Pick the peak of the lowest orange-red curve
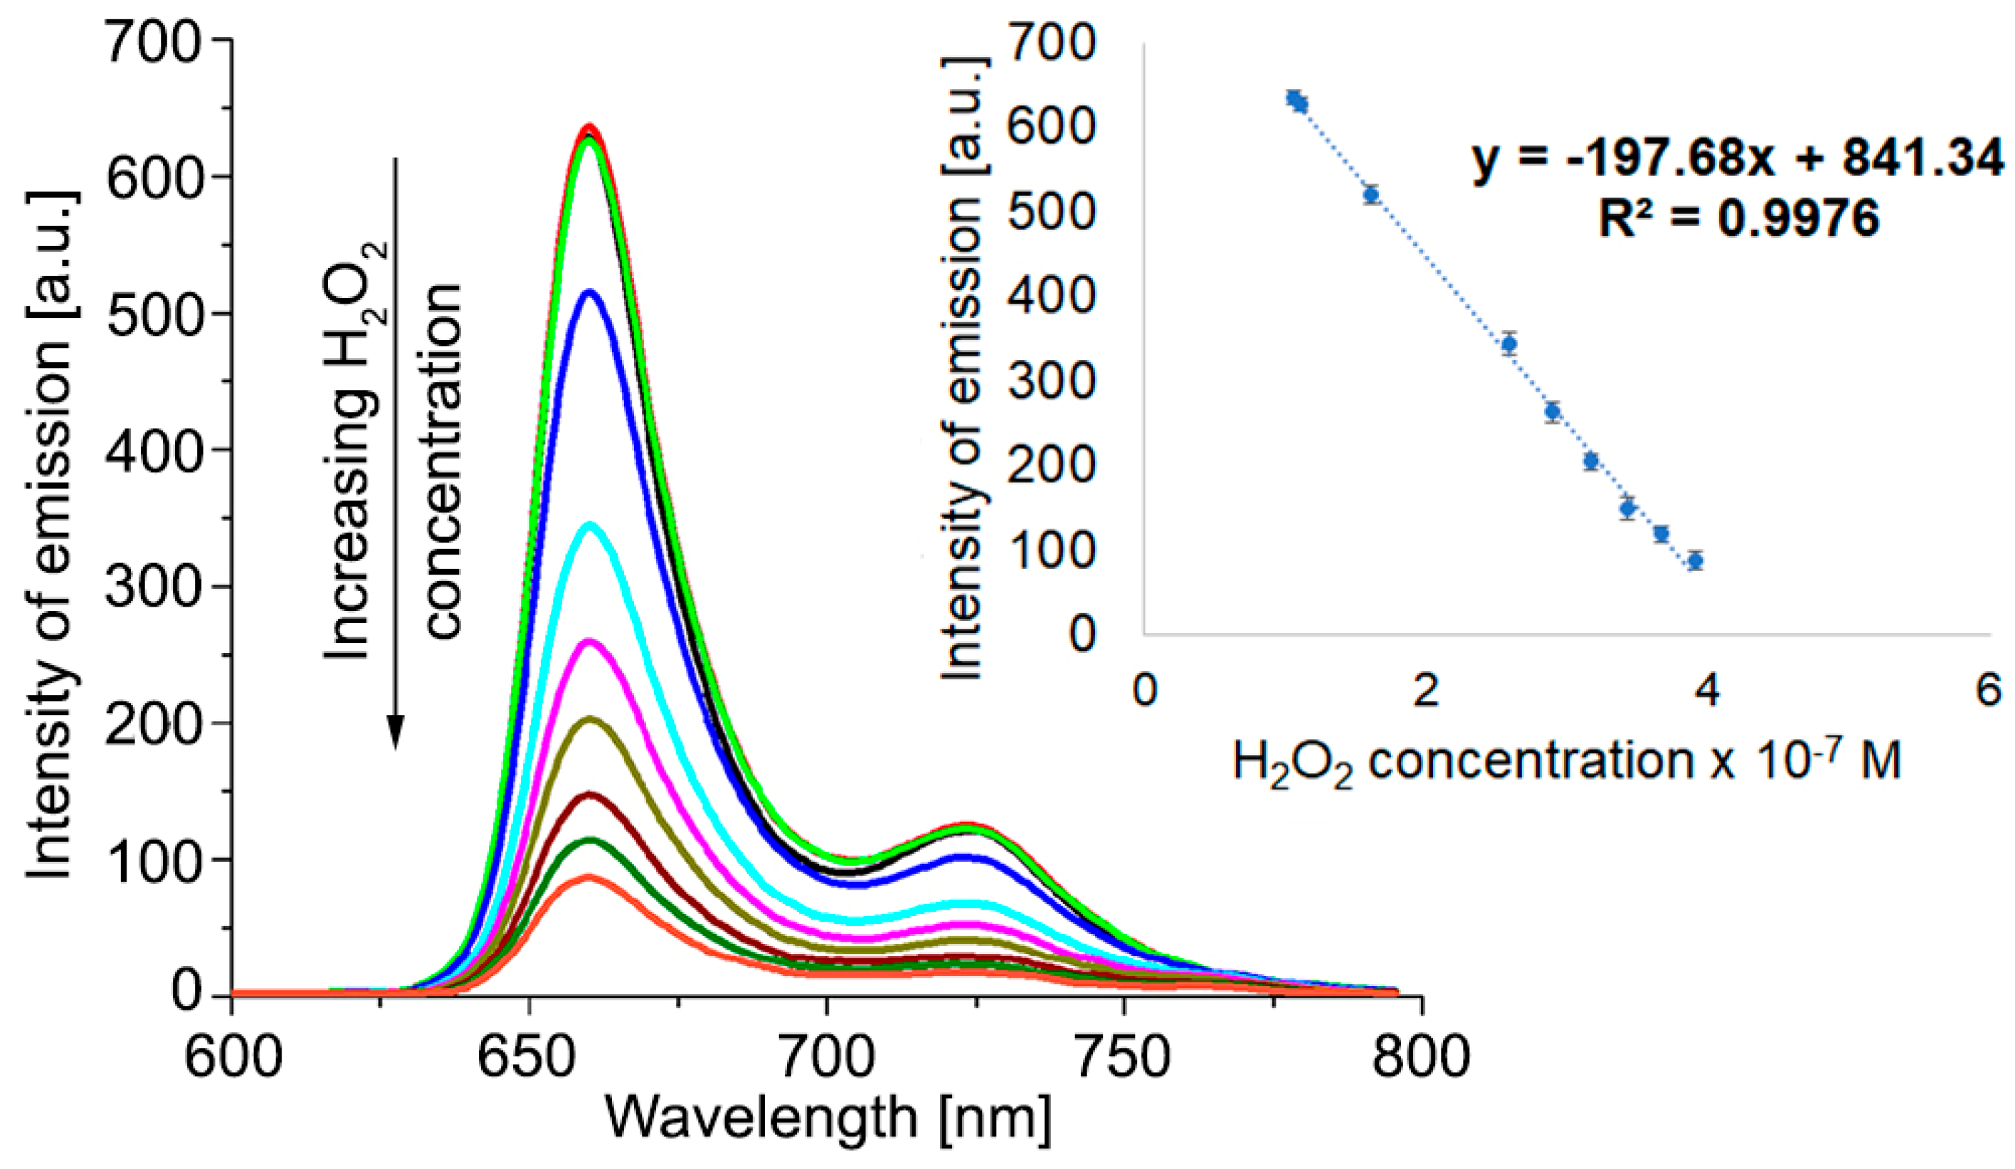[589, 877]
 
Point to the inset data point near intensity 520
[1371, 194]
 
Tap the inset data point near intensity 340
[1510, 344]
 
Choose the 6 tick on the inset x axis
[1989, 690]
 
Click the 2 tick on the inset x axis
[1426, 690]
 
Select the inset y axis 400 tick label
[1050, 295]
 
